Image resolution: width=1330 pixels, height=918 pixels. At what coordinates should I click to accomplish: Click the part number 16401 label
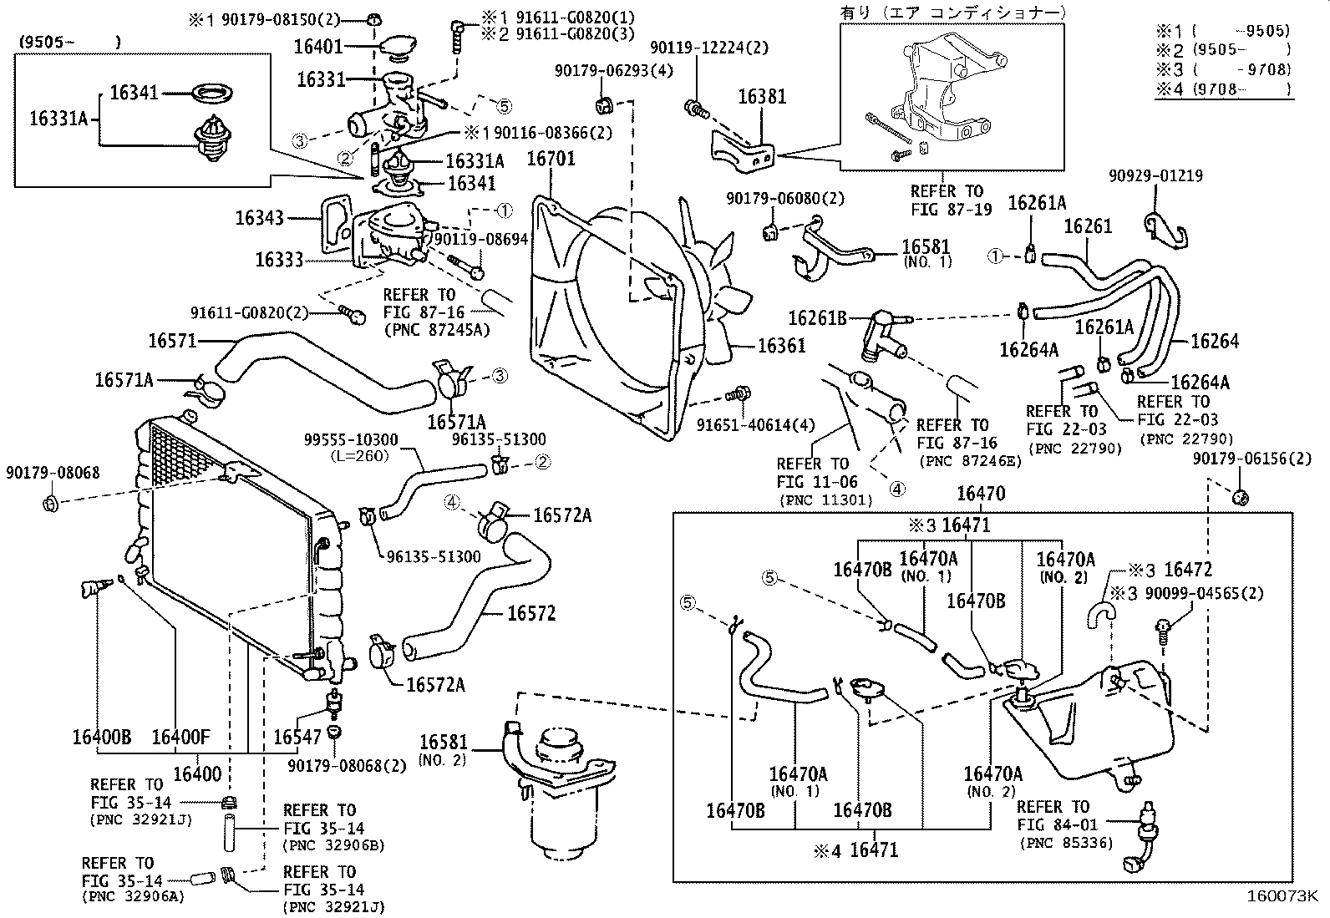coord(319,46)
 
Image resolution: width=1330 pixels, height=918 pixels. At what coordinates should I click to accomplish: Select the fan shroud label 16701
coord(551,159)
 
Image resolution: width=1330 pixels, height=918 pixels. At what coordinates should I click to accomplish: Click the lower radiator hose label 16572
coord(531,614)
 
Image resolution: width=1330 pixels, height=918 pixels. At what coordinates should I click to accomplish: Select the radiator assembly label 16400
coord(197,774)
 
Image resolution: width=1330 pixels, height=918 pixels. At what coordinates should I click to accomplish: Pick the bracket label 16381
coord(761,97)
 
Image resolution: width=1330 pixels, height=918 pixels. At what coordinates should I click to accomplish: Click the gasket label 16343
coord(260,218)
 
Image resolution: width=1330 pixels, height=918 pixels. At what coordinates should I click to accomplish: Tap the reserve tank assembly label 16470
coord(981,494)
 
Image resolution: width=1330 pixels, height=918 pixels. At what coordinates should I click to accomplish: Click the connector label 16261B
coord(818,318)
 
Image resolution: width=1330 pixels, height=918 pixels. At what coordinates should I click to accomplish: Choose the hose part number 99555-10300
coord(351,439)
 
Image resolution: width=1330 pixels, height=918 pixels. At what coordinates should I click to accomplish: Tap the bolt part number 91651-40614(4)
coord(755,425)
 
